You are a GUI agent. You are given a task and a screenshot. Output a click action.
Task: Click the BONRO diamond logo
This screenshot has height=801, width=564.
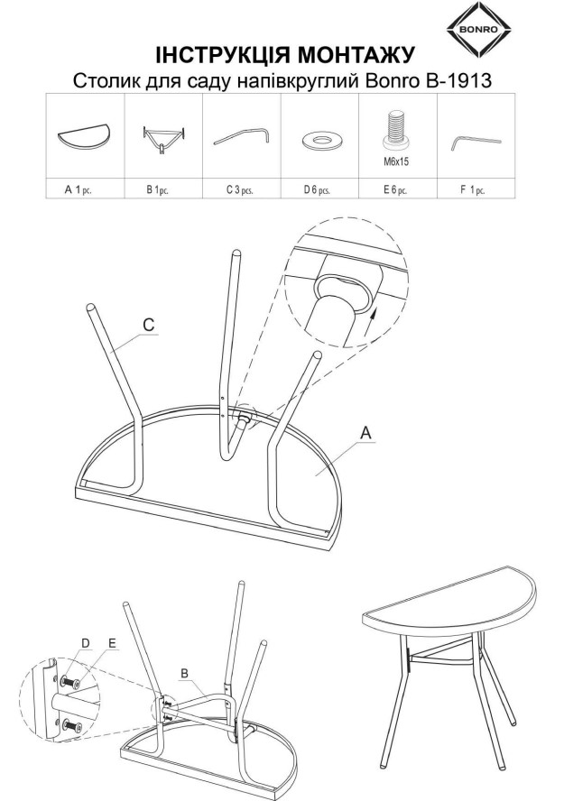478,29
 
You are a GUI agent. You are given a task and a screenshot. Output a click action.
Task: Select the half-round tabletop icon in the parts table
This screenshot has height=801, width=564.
84,137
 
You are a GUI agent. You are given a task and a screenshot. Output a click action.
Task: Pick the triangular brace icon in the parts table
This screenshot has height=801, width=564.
163,138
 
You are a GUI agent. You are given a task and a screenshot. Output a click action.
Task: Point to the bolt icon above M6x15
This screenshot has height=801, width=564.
397,128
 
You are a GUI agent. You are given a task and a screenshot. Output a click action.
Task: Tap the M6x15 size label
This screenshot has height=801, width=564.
396,162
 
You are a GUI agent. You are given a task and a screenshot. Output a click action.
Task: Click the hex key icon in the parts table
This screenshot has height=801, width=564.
476,141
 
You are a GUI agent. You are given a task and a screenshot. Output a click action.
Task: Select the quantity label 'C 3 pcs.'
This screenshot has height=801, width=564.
240,190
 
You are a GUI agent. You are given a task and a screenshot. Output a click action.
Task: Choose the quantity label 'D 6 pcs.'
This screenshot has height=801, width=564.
317,190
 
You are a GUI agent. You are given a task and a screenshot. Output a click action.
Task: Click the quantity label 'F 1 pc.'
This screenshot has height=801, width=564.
473,190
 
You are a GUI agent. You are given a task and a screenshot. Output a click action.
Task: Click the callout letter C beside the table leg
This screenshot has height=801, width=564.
149,325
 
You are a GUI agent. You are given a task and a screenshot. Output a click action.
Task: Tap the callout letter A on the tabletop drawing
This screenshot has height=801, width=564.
365,433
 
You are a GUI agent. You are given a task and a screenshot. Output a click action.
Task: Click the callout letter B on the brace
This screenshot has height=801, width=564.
184,674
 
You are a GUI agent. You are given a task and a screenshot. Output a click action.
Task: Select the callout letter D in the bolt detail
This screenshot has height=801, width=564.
86,643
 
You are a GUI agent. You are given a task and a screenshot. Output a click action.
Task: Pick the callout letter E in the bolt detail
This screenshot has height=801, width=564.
112,643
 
